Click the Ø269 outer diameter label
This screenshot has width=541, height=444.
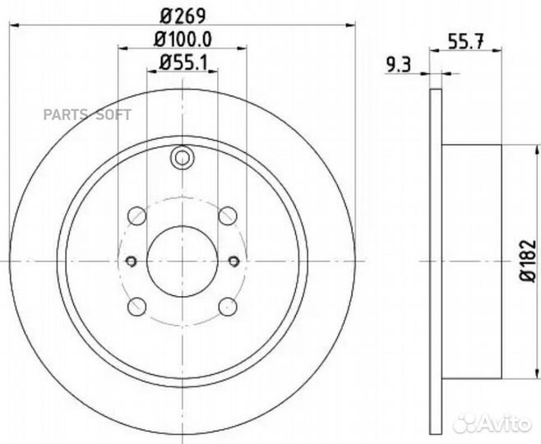183,13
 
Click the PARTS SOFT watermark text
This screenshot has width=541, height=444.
86,115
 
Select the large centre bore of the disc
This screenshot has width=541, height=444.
182,261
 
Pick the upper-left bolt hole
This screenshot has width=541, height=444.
137,215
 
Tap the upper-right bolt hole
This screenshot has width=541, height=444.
227,215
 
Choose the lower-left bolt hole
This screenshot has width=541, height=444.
137,308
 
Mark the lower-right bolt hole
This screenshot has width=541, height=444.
227,308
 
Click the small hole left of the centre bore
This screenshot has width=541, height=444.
131,261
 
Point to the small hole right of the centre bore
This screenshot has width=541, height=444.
234,261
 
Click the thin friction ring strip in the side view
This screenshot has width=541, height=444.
436,261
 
